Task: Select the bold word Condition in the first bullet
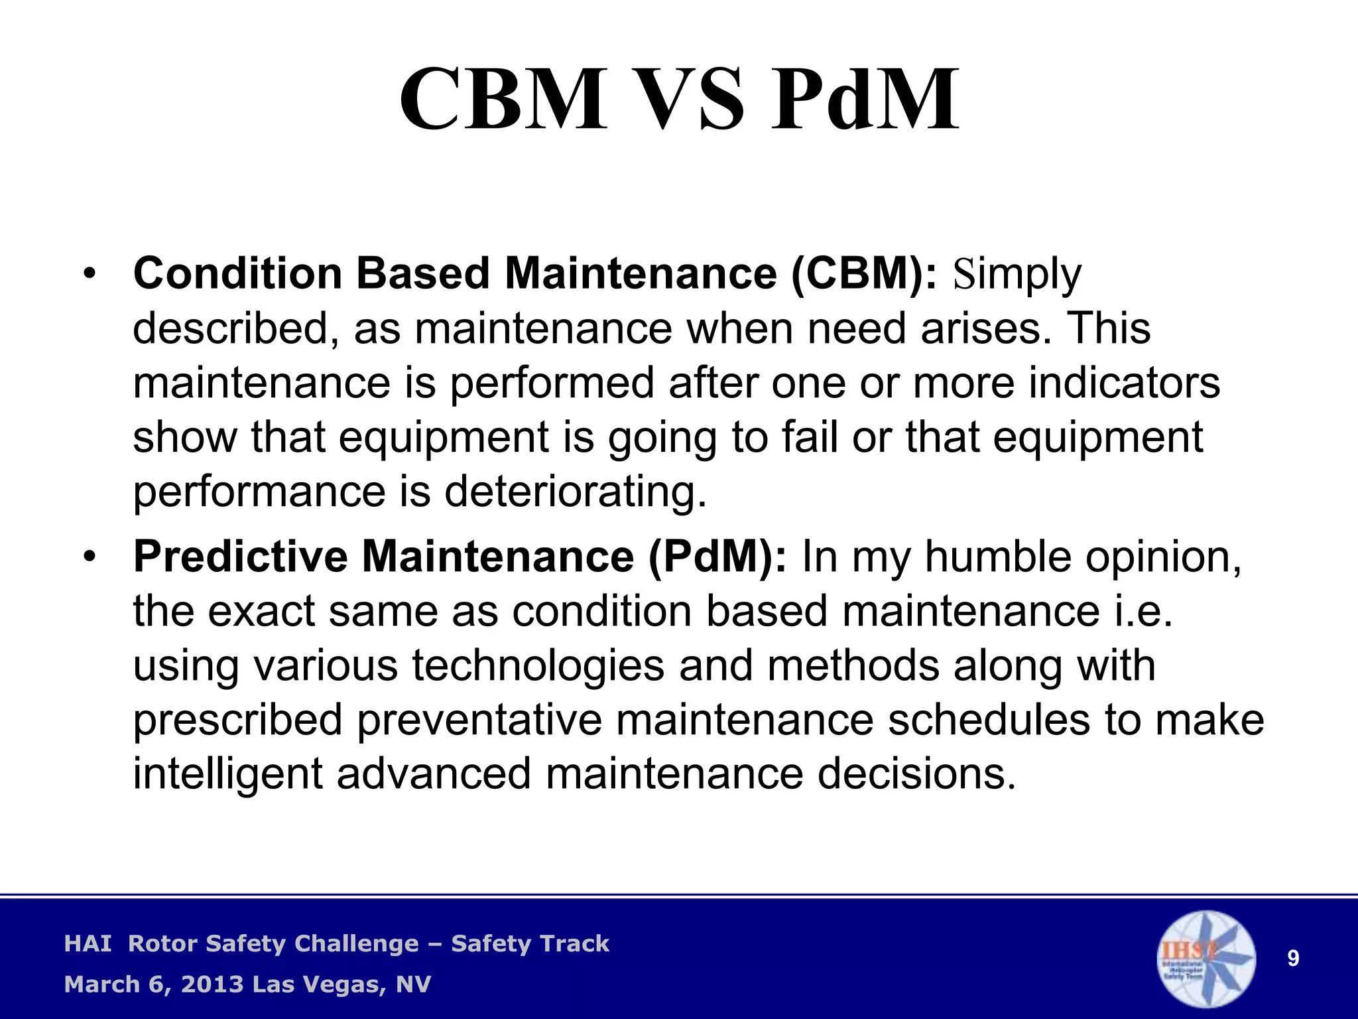click(x=237, y=273)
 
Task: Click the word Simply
click(x=1017, y=275)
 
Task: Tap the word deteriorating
click(x=576, y=492)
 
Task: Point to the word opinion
click(x=1163, y=557)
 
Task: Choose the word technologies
click(x=538, y=665)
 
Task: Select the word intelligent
click(x=227, y=774)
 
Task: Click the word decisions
click(x=916, y=774)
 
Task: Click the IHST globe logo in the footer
click(x=1206, y=959)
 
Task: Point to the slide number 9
click(x=1293, y=959)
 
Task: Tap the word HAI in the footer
click(x=88, y=943)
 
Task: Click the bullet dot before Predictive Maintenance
click(x=90, y=557)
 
